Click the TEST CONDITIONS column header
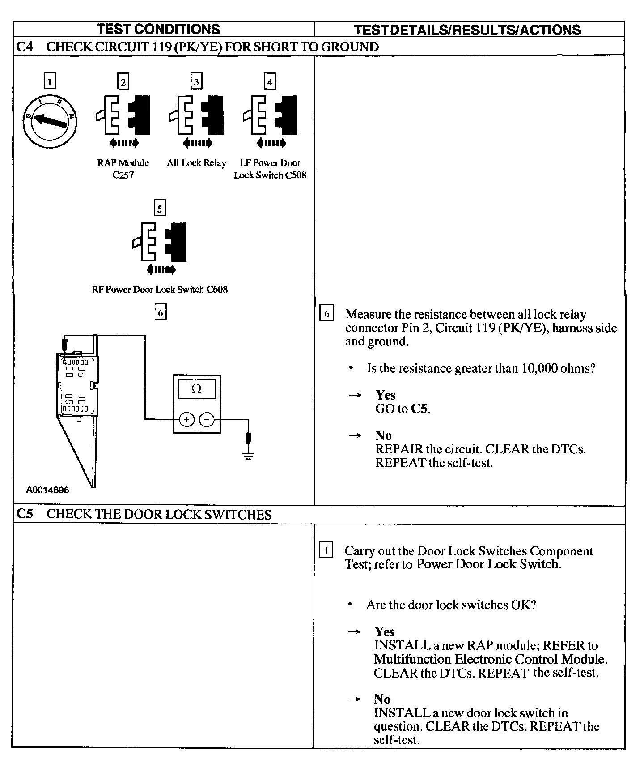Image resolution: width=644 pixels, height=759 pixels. [x=158, y=29]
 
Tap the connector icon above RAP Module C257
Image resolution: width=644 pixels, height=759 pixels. [x=123, y=115]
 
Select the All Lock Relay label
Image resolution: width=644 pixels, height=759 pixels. [x=196, y=163]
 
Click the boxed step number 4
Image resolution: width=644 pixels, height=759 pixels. [x=270, y=82]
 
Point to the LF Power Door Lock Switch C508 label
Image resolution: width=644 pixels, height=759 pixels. [x=270, y=169]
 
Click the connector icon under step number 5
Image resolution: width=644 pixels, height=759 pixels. [x=160, y=242]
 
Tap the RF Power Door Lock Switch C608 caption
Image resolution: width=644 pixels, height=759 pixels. [x=160, y=290]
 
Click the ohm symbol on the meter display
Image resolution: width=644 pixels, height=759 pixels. [x=196, y=389]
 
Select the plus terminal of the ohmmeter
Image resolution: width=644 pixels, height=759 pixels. [x=186, y=419]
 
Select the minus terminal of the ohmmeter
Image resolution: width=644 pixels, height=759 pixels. [x=207, y=419]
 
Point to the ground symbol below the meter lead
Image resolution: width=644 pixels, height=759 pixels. [x=249, y=456]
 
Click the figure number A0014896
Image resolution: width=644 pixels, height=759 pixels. [x=47, y=490]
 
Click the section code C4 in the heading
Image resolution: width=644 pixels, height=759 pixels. [x=25, y=47]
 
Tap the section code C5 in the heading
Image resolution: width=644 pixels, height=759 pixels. [x=25, y=514]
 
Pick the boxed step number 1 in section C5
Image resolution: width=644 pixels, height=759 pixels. [x=326, y=550]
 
